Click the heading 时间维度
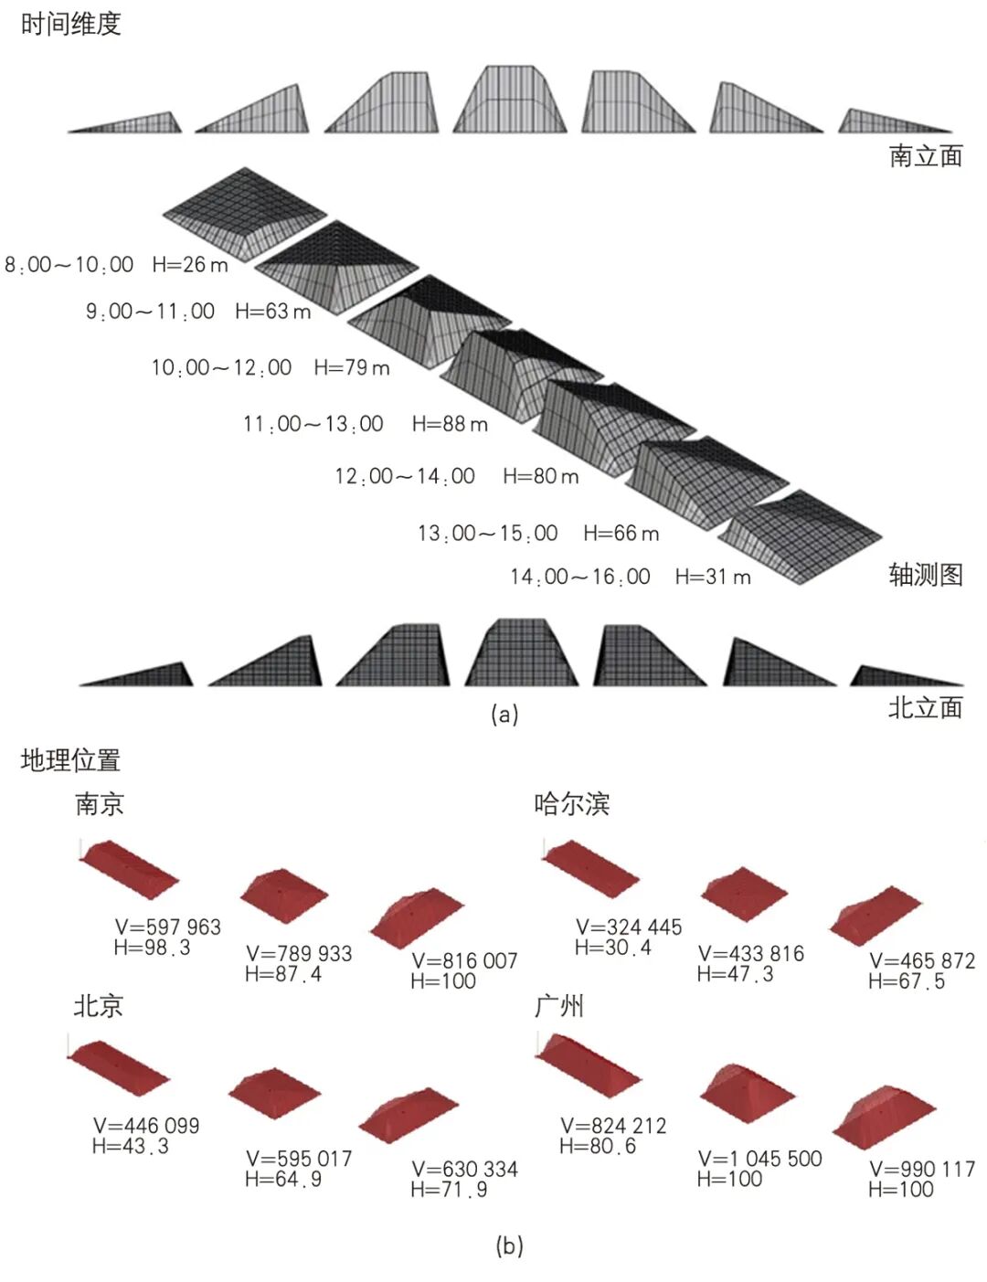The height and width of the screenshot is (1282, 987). pyautogui.click(x=70, y=24)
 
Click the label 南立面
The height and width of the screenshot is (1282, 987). pyautogui.click(x=925, y=156)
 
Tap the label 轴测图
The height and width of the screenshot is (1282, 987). pyautogui.click(x=925, y=575)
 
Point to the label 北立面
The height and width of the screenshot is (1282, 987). pyautogui.click(x=925, y=707)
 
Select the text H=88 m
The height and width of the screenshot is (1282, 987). pyautogui.click(x=450, y=424)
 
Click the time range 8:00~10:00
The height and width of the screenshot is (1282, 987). pyautogui.click(x=69, y=265)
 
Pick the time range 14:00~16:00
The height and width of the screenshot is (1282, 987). pyautogui.click(x=580, y=577)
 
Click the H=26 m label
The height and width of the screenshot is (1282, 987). pyautogui.click(x=190, y=265)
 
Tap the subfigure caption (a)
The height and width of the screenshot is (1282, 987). pyautogui.click(x=504, y=714)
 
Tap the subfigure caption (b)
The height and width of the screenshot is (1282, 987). pyautogui.click(x=508, y=1245)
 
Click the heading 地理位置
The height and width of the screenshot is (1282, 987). pyautogui.click(x=70, y=759)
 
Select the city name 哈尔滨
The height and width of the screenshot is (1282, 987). pyautogui.click(x=572, y=804)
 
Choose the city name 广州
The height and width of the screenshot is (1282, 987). pyautogui.click(x=558, y=1006)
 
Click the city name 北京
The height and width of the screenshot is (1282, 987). pyautogui.click(x=98, y=1006)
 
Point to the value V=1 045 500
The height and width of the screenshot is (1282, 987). pyautogui.click(x=759, y=1159)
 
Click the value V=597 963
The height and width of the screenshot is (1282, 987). pyautogui.click(x=168, y=927)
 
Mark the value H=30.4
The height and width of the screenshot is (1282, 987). pyautogui.click(x=612, y=948)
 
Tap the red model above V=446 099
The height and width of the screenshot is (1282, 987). pyautogui.click(x=118, y=1066)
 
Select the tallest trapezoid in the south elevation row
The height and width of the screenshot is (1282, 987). pyautogui.click(x=509, y=99)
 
